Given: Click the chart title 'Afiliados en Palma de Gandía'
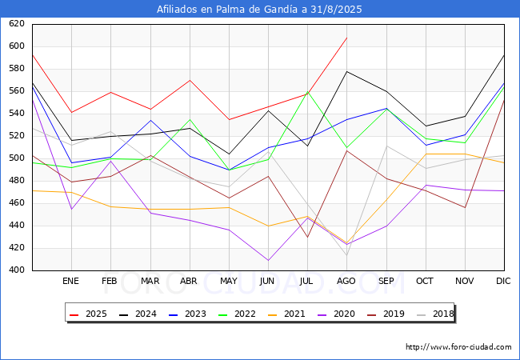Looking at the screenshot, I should [x=260, y=10].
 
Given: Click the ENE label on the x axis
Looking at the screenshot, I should [x=70, y=282].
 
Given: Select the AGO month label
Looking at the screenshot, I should [x=346, y=282].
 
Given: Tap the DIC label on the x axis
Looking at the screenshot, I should [x=503, y=282].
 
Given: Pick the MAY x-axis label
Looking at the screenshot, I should [x=228, y=282].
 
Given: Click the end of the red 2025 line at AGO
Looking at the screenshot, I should [x=346, y=38].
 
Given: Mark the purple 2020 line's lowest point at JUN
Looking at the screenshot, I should [x=268, y=260].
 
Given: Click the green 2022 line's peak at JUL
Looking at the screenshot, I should [x=307, y=91].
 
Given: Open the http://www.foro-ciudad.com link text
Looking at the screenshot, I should [x=458, y=347].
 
